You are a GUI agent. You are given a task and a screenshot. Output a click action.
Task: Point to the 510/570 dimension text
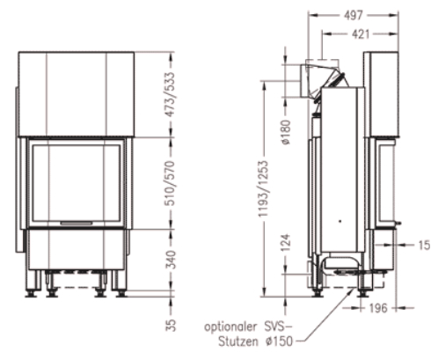click(x=172, y=182)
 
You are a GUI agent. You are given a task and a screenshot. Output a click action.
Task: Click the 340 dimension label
click(x=172, y=260)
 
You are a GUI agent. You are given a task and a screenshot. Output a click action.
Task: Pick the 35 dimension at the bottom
click(x=172, y=324)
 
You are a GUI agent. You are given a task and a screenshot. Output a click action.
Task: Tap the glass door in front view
click(x=75, y=182)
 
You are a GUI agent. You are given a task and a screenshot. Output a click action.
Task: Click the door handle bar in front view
click(x=75, y=224)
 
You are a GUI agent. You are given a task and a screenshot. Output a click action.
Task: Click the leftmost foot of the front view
click(x=32, y=283)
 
